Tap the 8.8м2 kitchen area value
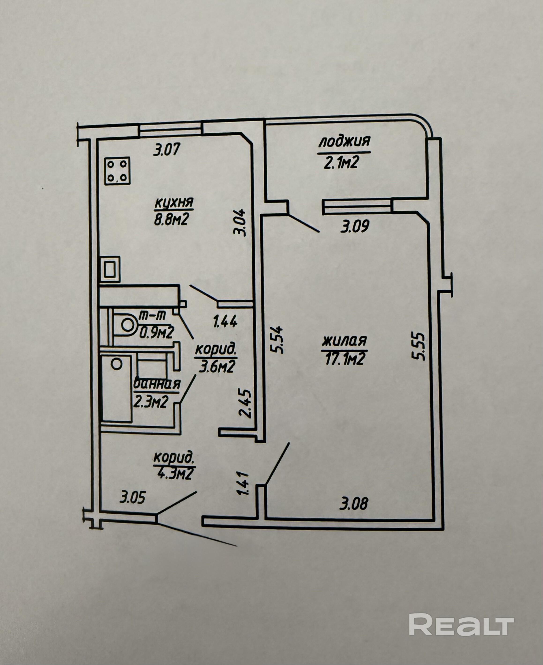tap(171, 219)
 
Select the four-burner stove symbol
tap(117, 171)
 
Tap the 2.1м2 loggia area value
tap(341, 163)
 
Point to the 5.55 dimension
tap(419, 346)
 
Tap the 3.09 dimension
tap(355, 226)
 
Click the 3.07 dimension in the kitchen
tap(167, 149)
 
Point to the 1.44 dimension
tap(225, 321)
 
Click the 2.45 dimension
tap(245, 403)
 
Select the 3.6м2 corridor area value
tap(217, 367)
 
